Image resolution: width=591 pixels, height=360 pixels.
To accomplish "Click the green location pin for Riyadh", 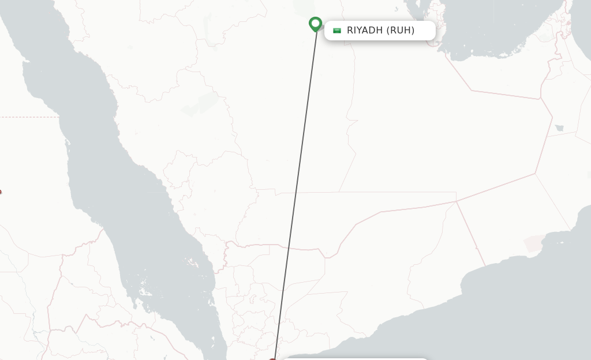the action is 315,24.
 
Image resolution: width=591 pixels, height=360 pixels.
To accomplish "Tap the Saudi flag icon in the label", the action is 337,31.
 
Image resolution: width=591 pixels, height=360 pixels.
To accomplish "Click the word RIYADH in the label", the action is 365,31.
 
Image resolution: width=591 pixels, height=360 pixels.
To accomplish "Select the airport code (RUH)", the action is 401,31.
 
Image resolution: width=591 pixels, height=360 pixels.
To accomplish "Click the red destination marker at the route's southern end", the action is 274,359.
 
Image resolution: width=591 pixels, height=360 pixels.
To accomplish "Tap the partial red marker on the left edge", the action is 1,192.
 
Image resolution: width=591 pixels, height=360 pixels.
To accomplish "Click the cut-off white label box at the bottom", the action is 355,358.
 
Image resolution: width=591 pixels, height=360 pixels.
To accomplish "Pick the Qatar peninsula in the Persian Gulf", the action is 433,29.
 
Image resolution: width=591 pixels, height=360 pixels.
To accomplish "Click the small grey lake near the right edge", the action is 559,128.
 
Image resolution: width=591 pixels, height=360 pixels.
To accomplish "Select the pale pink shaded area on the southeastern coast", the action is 533,243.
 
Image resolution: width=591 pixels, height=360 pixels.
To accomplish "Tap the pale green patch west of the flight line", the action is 201,104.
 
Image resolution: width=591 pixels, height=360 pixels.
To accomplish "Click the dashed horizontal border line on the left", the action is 29,117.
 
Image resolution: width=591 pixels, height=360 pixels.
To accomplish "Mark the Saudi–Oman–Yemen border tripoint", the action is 456,201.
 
